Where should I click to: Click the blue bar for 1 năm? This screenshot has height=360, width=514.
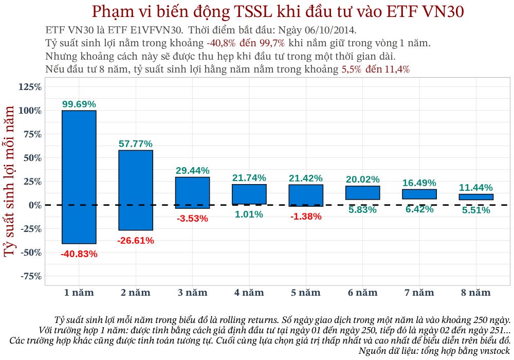click(x=79, y=177)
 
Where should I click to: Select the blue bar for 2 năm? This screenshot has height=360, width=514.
click(x=136, y=190)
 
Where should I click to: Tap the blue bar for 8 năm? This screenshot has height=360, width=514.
click(x=476, y=197)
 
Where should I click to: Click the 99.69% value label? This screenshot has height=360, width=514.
click(x=79, y=104)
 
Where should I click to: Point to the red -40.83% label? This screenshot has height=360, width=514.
click(x=79, y=254)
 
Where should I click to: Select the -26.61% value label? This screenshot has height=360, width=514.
click(x=136, y=240)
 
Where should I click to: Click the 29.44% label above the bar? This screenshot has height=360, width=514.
click(x=192, y=170)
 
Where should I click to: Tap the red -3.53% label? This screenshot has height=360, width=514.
click(x=192, y=219)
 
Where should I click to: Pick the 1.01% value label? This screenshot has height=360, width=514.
click(x=249, y=214)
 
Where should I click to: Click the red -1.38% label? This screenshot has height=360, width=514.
click(x=306, y=217)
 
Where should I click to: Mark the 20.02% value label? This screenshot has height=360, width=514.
click(x=362, y=179)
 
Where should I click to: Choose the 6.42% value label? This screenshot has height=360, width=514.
click(x=419, y=209)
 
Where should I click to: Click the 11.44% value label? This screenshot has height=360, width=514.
click(x=476, y=187)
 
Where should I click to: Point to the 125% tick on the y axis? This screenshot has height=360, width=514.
click(x=30, y=87)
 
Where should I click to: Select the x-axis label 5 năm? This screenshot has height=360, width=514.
click(x=306, y=293)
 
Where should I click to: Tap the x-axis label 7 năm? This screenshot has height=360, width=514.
click(x=419, y=293)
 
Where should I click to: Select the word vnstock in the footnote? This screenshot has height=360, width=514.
click(x=494, y=351)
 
